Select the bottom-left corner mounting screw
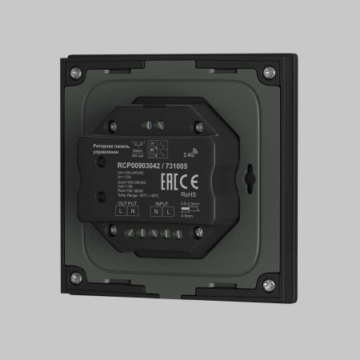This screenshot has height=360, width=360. pos(77,278)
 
